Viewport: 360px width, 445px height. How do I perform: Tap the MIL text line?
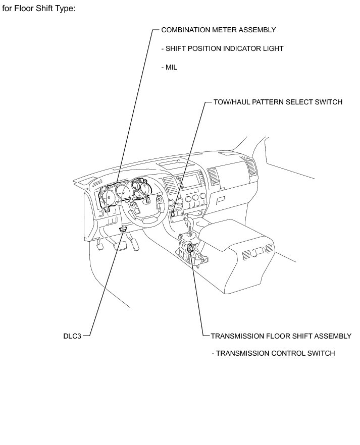coord(169,67)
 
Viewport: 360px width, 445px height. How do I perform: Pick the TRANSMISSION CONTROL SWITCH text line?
coord(273,353)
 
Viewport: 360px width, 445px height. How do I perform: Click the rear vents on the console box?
coord(257,251)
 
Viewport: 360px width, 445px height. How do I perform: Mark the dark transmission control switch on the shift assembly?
coord(190,248)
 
